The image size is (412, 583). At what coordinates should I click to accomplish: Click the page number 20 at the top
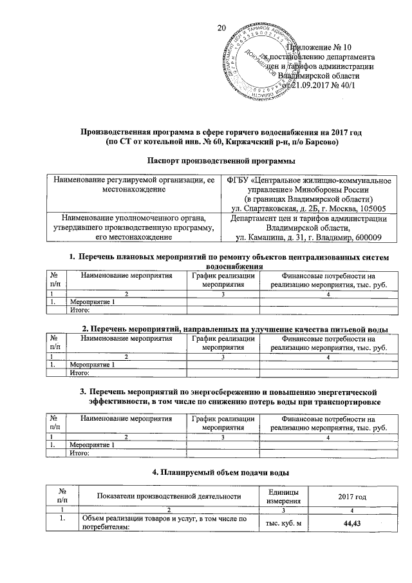click(x=223, y=28)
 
